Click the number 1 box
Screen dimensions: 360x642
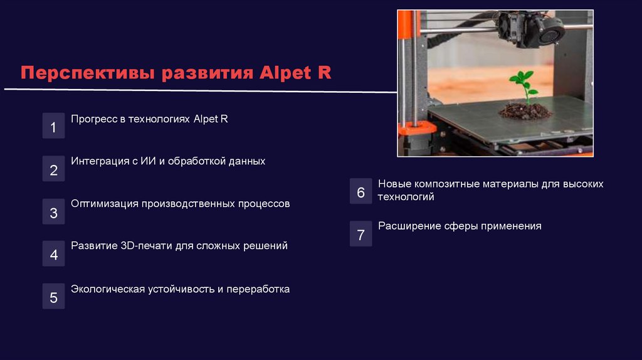pos(53,127)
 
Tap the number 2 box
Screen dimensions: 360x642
pos(53,169)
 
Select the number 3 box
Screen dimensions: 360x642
pos(53,213)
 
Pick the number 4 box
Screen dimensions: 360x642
pos(53,254)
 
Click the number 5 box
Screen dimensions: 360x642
pos(53,297)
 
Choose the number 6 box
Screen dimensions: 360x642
pos(360,192)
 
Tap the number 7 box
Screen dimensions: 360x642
pos(360,235)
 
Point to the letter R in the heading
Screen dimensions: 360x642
pos(324,73)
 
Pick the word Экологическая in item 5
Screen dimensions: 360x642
pos(108,289)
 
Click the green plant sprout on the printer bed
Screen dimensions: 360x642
pos(523,85)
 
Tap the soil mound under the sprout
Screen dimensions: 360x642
pos(525,112)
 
